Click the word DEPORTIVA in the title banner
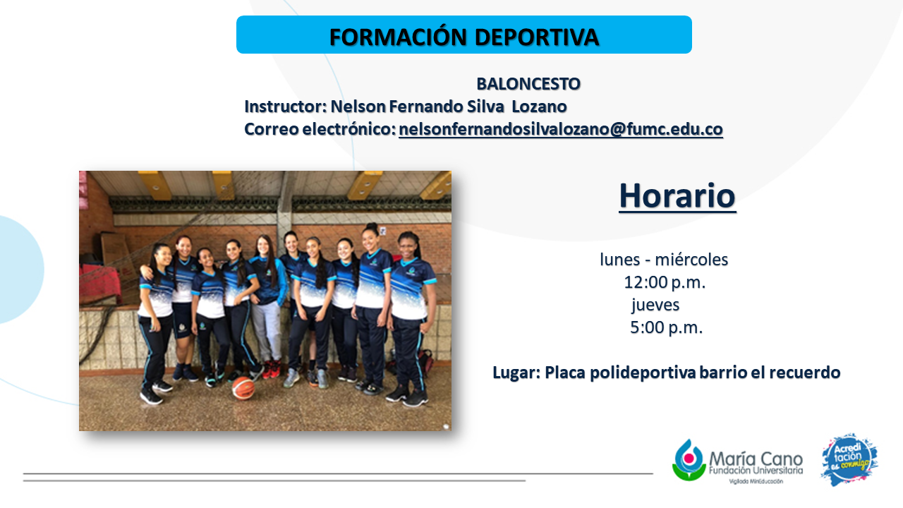click(537, 37)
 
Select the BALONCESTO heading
click(528, 84)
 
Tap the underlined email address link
click(561, 129)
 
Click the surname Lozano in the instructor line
click(540, 107)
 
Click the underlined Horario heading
click(677, 196)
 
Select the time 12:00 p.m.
click(665, 283)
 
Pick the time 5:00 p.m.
click(667, 328)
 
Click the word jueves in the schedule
click(655, 306)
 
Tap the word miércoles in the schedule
click(691, 260)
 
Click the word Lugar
click(516, 373)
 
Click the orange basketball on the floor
click(243, 388)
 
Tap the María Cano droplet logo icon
click(689, 461)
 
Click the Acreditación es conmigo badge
click(849, 459)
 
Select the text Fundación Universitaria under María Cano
click(756, 471)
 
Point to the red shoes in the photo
click(271, 369)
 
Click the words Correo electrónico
click(320, 129)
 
